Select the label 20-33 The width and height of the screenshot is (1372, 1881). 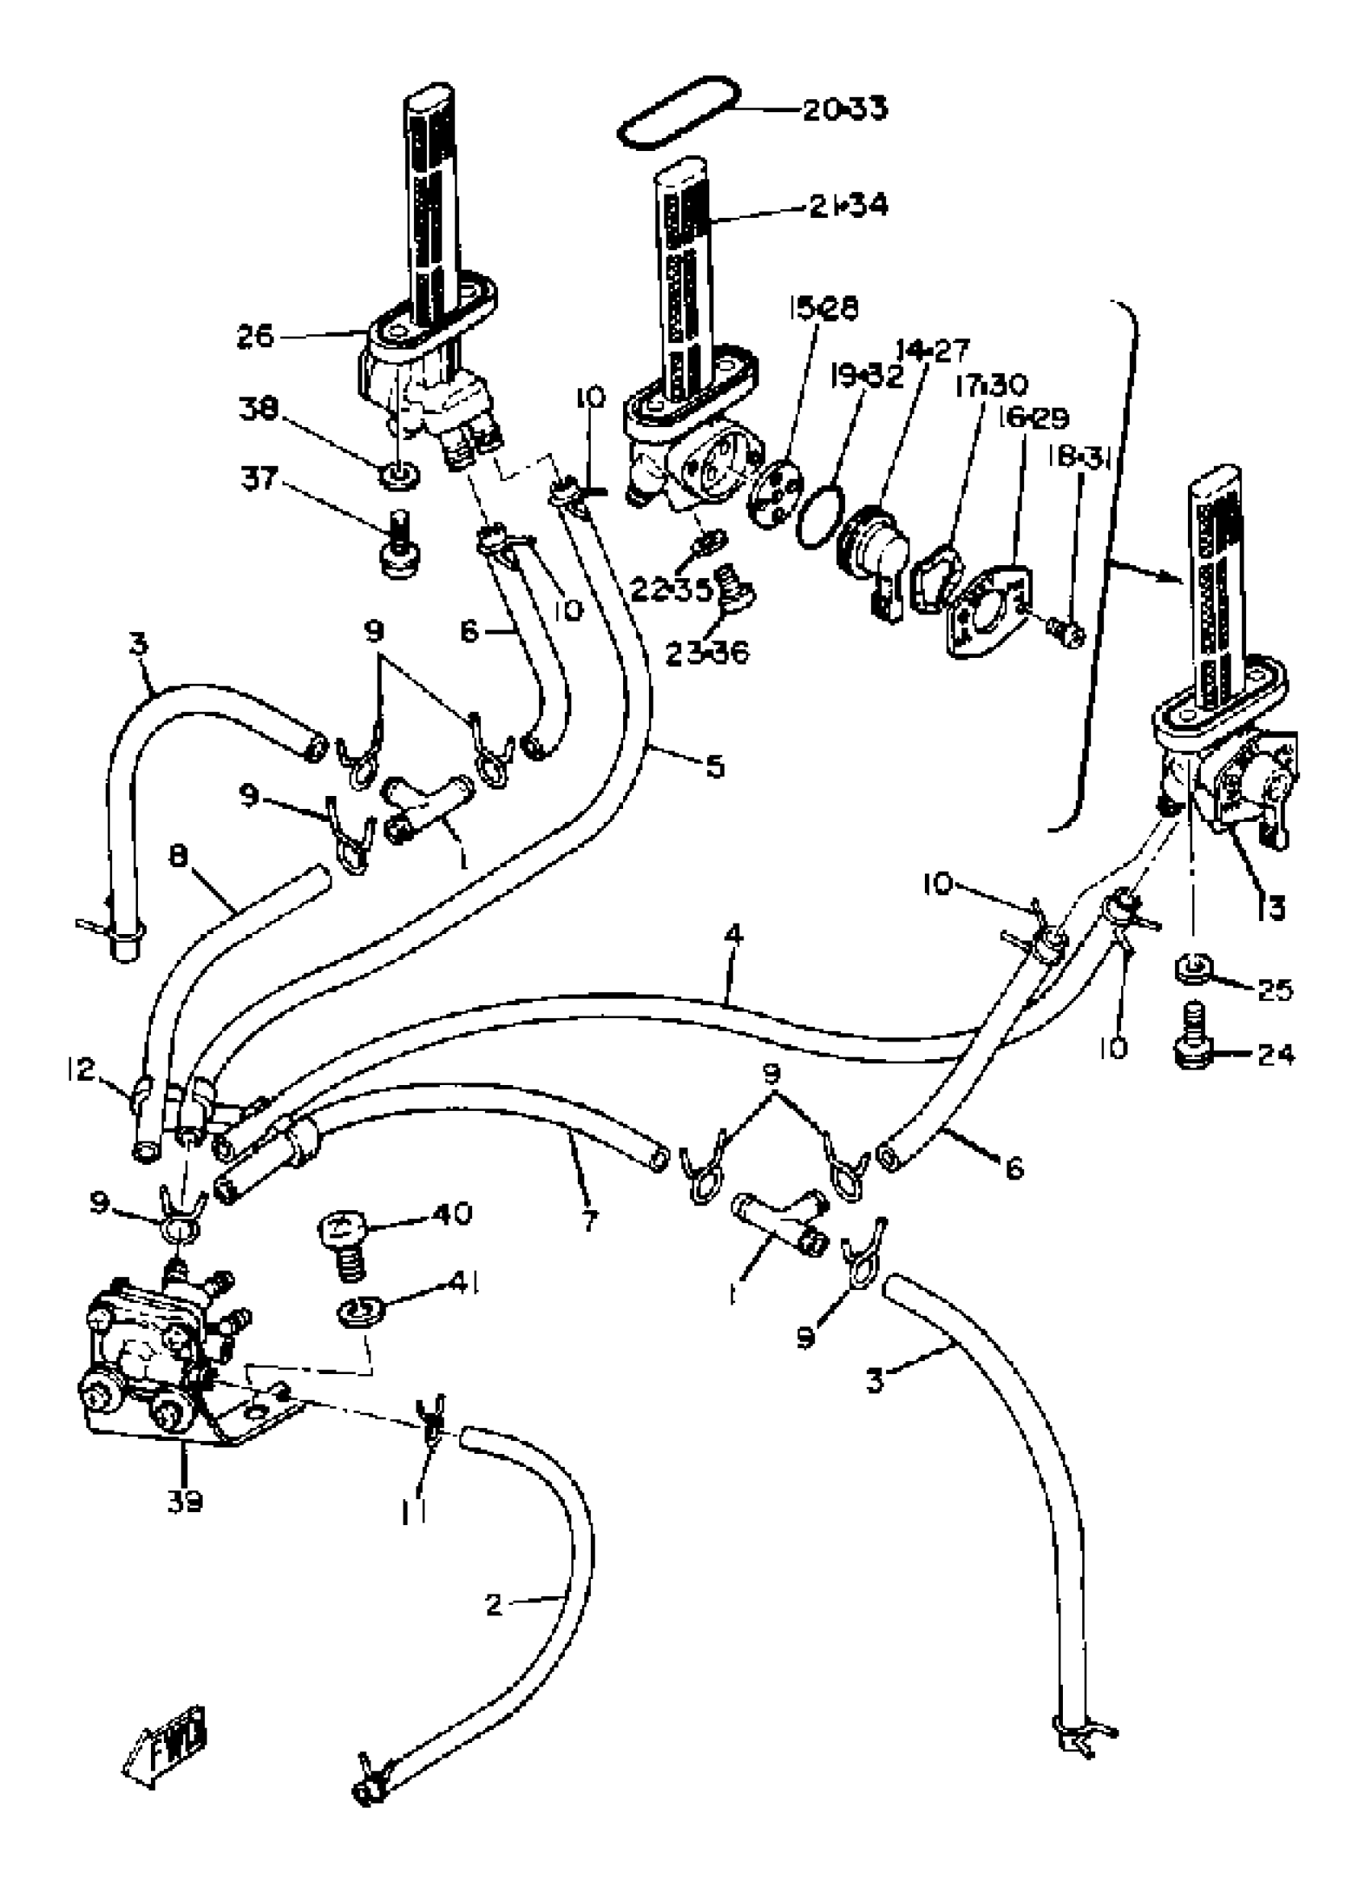tap(845, 109)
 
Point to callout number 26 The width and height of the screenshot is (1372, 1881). tap(254, 337)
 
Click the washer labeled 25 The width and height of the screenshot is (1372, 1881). tap(1194, 968)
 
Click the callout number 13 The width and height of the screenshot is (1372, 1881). tap(1269, 906)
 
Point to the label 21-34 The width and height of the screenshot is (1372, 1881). tap(849, 204)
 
